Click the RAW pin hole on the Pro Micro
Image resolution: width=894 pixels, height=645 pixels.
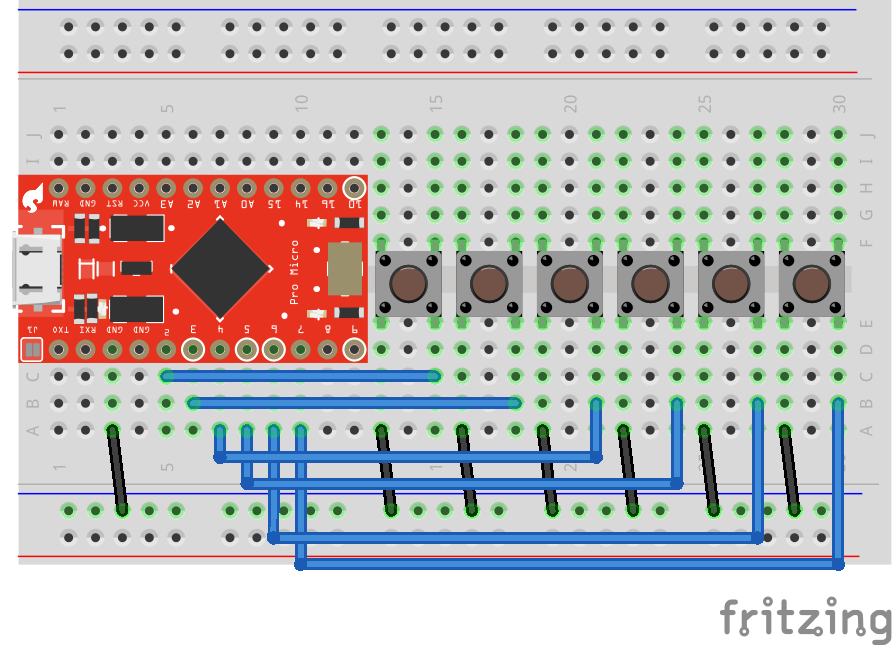[59, 187]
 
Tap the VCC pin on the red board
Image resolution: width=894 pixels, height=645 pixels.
[139, 187]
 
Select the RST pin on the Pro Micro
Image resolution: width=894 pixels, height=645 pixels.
[113, 187]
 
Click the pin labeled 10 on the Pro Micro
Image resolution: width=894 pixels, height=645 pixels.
[353, 187]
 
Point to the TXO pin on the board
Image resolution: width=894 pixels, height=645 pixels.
[59, 349]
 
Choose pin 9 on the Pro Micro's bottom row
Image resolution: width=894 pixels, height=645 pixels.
[353, 349]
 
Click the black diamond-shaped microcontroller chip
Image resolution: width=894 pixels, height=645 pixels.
[221, 267]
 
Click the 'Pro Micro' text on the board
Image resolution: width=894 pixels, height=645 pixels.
[294, 271]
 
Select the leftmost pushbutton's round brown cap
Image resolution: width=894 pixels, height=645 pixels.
[408, 284]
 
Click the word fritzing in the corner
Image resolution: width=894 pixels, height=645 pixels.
[804, 617]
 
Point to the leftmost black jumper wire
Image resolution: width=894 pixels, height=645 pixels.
[118, 469]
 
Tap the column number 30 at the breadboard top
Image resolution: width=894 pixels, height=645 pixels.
[839, 103]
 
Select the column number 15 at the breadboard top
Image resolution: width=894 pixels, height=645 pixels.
[435, 103]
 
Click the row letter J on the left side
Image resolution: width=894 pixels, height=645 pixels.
[33, 134]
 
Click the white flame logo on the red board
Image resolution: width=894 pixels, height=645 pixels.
[38, 195]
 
